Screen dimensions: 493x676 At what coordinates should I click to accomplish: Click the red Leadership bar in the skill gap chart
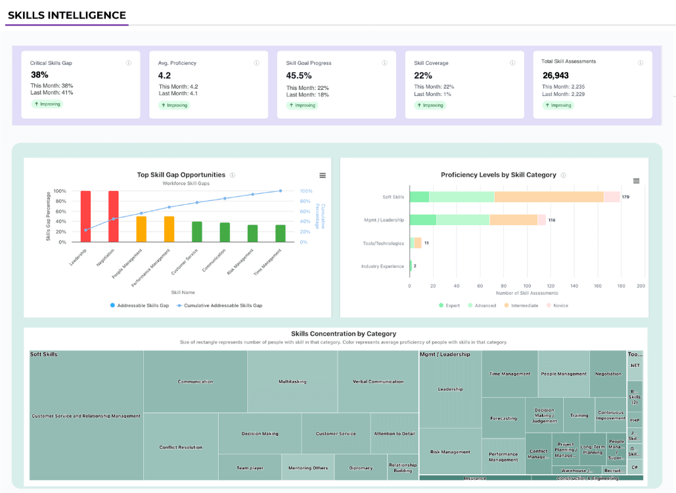[85, 217]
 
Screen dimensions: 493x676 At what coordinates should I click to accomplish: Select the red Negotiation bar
[114, 217]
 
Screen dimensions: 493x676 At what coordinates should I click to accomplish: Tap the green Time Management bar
[281, 233]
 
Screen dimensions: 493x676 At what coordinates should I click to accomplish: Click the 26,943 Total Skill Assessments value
[556, 75]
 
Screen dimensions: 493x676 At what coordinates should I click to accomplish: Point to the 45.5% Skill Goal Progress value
[299, 75]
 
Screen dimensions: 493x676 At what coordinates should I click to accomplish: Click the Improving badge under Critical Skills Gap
[47, 104]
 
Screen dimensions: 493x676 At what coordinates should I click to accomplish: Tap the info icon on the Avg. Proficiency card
[257, 63]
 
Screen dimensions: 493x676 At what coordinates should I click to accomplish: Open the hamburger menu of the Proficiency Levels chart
[636, 181]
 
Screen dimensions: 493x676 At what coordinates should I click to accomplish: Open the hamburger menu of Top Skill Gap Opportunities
[323, 175]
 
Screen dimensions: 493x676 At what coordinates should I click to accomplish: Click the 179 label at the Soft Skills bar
[626, 197]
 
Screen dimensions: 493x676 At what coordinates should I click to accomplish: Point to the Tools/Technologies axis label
[384, 244]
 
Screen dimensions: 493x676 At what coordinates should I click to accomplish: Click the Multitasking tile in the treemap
[292, 381]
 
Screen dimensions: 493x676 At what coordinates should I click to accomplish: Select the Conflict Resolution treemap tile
[181, 448]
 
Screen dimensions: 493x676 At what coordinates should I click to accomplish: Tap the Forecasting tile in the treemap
[503, 418]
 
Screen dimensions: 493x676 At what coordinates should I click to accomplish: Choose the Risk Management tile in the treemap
[450, 452]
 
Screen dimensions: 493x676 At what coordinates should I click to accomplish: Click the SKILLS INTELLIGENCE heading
[67, 15]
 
